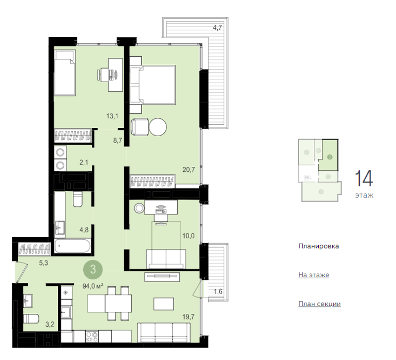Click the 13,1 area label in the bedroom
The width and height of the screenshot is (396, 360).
(x=112, y=116)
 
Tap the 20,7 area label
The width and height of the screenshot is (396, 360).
(x=189, y=169)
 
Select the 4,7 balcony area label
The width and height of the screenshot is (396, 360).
(x=217, y=28)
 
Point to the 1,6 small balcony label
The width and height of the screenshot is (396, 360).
(x=218, y=292)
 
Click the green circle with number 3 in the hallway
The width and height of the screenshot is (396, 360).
(x=93, y=269)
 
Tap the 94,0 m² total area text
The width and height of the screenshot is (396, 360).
(x=93, y=286)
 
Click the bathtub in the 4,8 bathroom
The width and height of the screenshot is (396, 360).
(x=72, y=246)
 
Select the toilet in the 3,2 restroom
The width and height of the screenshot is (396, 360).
(x=31, y=319)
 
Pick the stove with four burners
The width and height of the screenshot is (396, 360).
(x=92, y=337)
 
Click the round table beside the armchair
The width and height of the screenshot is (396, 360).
(x=157, y=127)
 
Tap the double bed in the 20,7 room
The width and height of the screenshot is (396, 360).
(x=153, y=85)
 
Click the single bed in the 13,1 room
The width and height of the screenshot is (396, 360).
(x=65, y=73)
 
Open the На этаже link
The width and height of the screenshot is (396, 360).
(x=314, y=275)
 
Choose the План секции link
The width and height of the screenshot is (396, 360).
(x=319, y=304)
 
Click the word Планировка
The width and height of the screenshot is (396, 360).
(x=318, y=246)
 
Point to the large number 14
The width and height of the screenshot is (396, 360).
(x=364, y=179)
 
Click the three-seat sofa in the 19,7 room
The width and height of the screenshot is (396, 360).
(x=164, y=333)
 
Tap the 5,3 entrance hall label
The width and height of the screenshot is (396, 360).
(x=44, y=263)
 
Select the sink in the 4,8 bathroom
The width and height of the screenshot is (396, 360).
(x=60, y=227)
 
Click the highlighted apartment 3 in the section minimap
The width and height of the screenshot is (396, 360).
(x=328, y=154)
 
